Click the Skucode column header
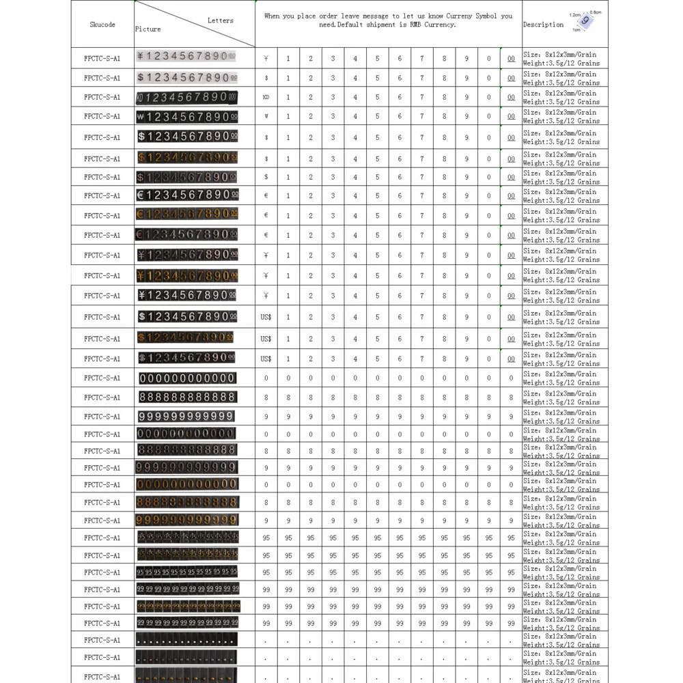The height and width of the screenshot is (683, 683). (x=102, y=25)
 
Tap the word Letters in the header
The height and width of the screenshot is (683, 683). (x=221, y=20)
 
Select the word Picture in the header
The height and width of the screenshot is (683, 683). (x=148, y=29)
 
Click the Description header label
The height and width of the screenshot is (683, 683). (x=543, y=25)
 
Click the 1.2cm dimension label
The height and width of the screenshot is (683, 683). (x=574, y=14)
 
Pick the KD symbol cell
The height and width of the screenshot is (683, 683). (x=266, y=97)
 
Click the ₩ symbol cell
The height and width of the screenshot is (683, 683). (x=266, y=116)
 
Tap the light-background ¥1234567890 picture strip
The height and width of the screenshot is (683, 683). (x=186, y=57)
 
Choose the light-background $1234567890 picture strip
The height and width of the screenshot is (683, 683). (x=187, y=77)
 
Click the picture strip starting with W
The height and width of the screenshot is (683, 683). (x=186, y=116)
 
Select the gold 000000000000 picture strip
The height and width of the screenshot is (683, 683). (x=186, y=484)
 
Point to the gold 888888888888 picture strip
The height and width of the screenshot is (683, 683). (x=186, y=502)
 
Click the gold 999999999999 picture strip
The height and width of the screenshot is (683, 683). (x=186, y=520)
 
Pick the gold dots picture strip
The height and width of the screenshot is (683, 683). (x=186, y=676)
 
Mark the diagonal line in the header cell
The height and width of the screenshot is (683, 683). (x=195, y=23)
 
